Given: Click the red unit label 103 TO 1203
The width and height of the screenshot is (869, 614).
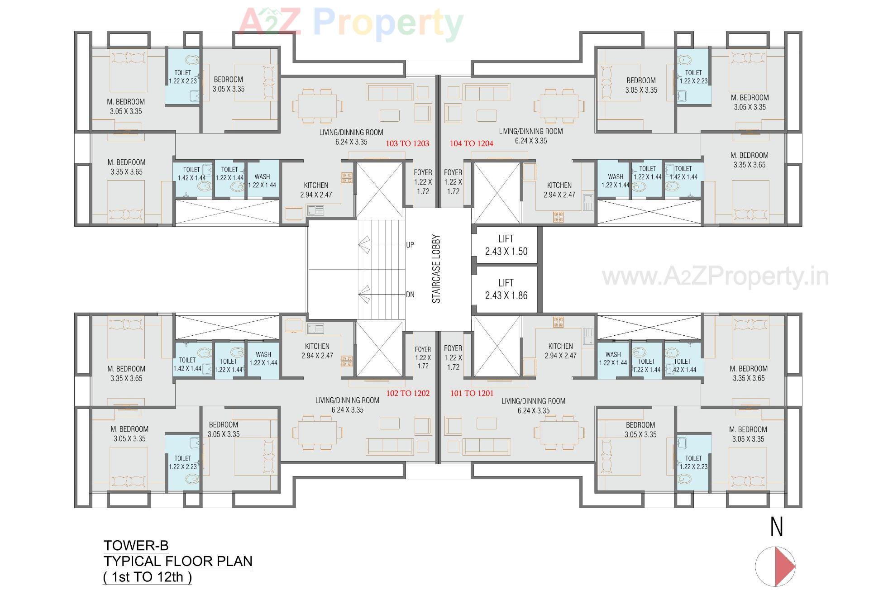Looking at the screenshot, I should coord(407,143).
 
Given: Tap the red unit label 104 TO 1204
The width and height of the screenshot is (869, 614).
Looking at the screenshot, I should coord(471,143).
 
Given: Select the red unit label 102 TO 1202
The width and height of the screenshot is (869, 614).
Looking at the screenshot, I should coord(407,393).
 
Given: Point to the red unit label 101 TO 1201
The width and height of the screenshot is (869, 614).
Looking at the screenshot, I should coord(472,393).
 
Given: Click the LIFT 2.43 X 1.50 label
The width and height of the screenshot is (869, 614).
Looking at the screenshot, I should coord(506,245).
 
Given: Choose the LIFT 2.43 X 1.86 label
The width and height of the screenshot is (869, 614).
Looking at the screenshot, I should coord(506,289).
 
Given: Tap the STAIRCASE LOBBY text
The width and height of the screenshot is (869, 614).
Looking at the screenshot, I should coord(436,268).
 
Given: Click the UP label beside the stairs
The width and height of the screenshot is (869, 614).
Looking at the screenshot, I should coord(410,245).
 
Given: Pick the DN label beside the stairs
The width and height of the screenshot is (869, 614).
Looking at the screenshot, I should coord(410,295).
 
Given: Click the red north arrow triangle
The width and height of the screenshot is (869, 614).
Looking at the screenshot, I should coord(783,566).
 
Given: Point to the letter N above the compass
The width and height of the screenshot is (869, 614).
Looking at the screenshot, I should coord(776,527).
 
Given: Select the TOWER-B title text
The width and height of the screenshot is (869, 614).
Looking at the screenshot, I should coord(136,545).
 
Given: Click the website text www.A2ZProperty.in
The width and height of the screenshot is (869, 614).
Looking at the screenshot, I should coord(715,276).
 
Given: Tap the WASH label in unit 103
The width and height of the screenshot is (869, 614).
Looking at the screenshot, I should coord(262,177).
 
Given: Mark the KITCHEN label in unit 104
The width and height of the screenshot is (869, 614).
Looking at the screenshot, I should coord(559,185).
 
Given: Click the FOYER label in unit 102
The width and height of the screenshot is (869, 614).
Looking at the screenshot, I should coord(423,349).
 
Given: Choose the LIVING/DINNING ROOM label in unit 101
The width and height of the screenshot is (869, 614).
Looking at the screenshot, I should coord(534,401).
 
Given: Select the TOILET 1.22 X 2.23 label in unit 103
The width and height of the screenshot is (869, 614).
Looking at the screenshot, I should coord(183,76).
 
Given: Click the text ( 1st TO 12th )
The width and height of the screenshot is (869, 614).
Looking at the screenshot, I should coord(148,577).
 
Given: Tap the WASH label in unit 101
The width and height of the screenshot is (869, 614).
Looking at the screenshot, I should coord(613,354).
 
